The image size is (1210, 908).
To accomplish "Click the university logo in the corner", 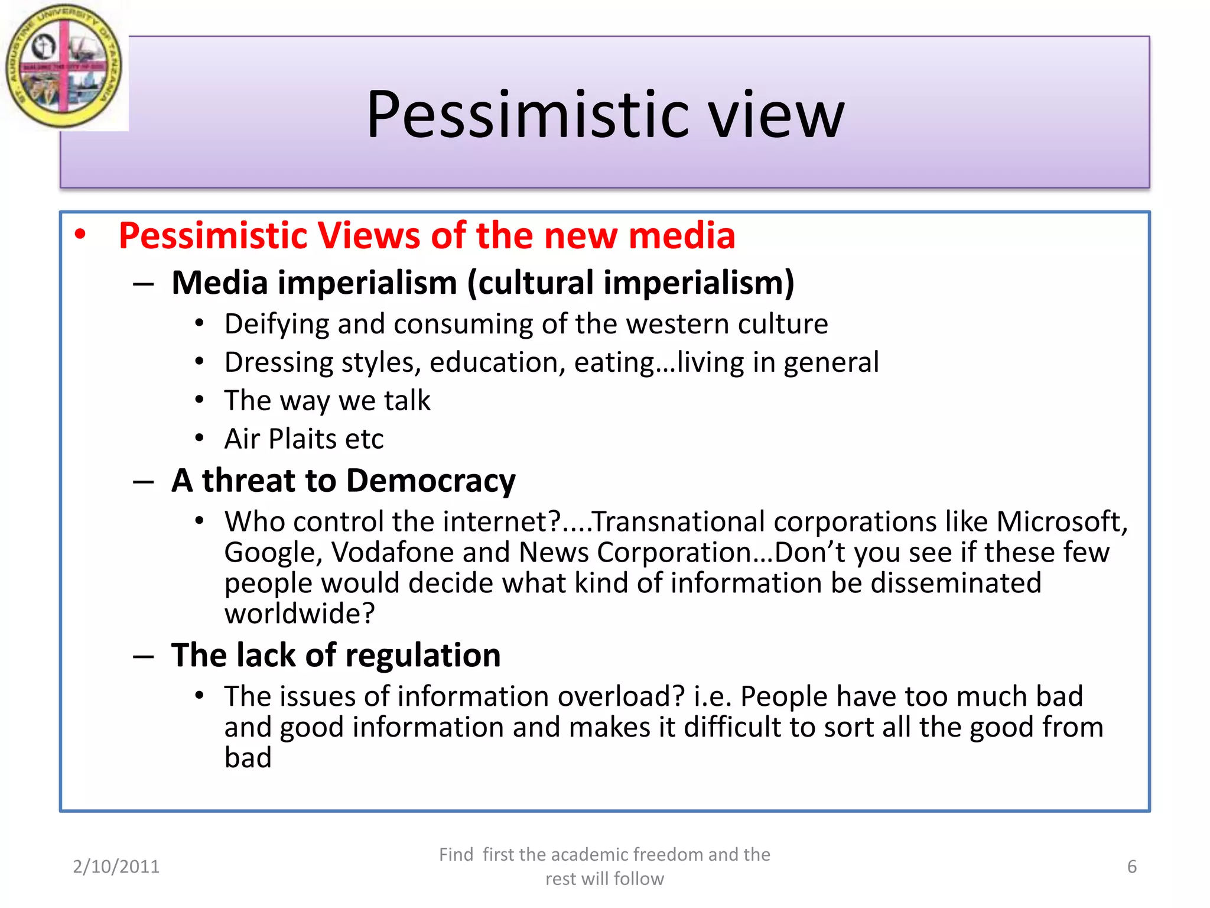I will pos(64,66).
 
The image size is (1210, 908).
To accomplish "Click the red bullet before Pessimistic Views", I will pos(80,235).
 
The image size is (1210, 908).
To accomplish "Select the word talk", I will pos(407,401).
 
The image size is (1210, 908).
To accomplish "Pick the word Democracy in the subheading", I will pos(431,481).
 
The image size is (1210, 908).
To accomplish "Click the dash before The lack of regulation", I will pos(143,656).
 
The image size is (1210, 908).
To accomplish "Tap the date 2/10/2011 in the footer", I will pos(116,867).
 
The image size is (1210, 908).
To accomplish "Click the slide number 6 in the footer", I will pos(1131,867).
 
